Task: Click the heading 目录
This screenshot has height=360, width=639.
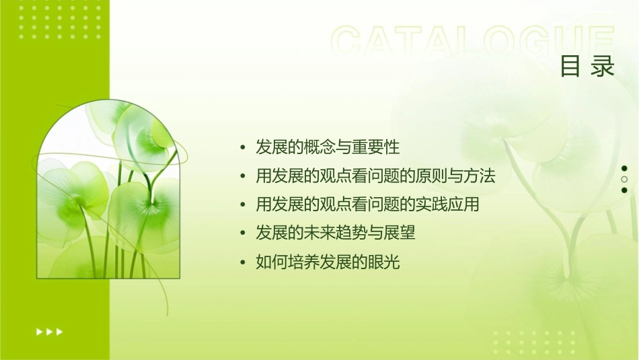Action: [588, 67]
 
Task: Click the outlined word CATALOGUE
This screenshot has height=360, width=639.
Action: [473, 42]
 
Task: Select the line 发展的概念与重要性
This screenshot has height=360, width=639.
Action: [328, 147]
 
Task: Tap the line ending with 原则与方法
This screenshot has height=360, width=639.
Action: [375, 176]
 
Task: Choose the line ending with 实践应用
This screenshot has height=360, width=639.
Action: [367, 205]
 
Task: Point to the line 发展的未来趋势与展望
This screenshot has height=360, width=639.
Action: [336, 233]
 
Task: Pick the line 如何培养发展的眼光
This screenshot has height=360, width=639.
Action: [328, 262]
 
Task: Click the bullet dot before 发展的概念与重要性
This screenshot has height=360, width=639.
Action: [243, 147]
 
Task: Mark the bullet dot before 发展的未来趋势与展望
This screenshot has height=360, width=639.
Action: [243, 234]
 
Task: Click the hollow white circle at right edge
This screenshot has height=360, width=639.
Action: [624, 179]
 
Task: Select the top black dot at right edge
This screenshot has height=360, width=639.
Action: [624, 168]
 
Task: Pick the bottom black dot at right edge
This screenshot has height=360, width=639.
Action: [624, 190]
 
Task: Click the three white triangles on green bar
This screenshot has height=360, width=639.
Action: [49, 331]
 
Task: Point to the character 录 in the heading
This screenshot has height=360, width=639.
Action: [603, 67]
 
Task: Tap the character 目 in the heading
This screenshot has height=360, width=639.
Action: [571, 67]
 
